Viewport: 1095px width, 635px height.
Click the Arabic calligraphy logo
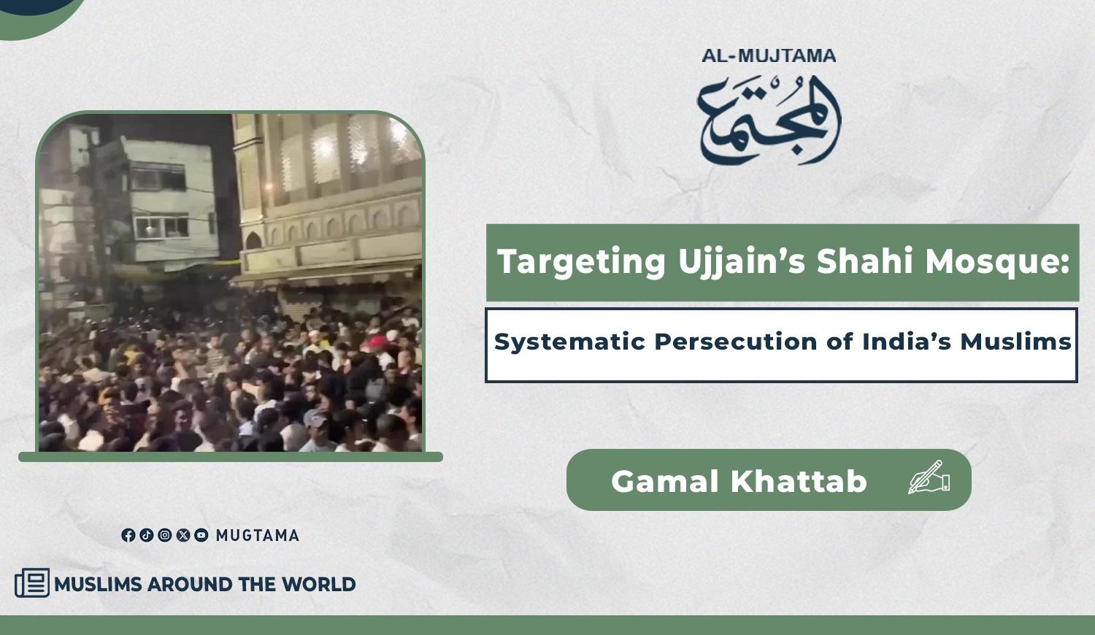pos(769,120)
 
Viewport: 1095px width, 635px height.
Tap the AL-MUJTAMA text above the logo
pos(769,55)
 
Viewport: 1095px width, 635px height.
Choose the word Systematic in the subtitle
pos(570,341)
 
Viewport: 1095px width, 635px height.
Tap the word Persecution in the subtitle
pos(736,341)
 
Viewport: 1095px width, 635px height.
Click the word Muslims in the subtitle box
pos(1016,341)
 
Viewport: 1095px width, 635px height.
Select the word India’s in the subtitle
pos(907,341)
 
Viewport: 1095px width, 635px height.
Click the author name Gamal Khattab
pos(739,481)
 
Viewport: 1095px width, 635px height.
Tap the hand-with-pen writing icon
pos(929,477)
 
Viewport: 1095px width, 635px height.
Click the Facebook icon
pos(128,535)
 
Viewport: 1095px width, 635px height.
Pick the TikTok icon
pos(147,535)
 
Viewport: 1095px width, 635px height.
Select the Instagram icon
pos(165,535)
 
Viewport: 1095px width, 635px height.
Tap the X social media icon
pos(182,535)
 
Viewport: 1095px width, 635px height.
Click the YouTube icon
pos(201,535)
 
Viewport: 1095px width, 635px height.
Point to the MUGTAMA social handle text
pos(258,536)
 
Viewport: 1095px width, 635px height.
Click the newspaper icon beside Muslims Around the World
pos(32,582)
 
